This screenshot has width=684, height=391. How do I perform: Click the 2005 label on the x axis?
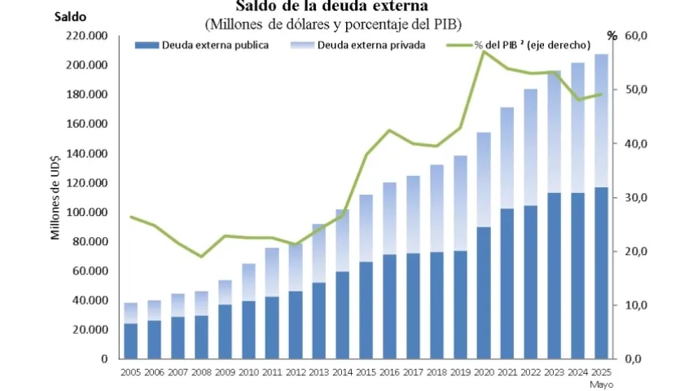tap(130, 372)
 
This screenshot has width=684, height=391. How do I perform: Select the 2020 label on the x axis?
tap(484, 372)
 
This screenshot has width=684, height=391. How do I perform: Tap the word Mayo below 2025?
tap(602, 384)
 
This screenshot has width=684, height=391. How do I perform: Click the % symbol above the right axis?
tap(612, 35)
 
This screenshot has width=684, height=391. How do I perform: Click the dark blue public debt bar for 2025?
tap(601, 273)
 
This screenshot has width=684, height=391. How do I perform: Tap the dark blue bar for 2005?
tap(130, 340)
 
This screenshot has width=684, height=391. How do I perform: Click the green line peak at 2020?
tap(484, 51)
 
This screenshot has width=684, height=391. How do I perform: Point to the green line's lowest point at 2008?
tap(201, 257)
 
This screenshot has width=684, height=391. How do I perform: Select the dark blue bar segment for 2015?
tap(366, 310)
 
